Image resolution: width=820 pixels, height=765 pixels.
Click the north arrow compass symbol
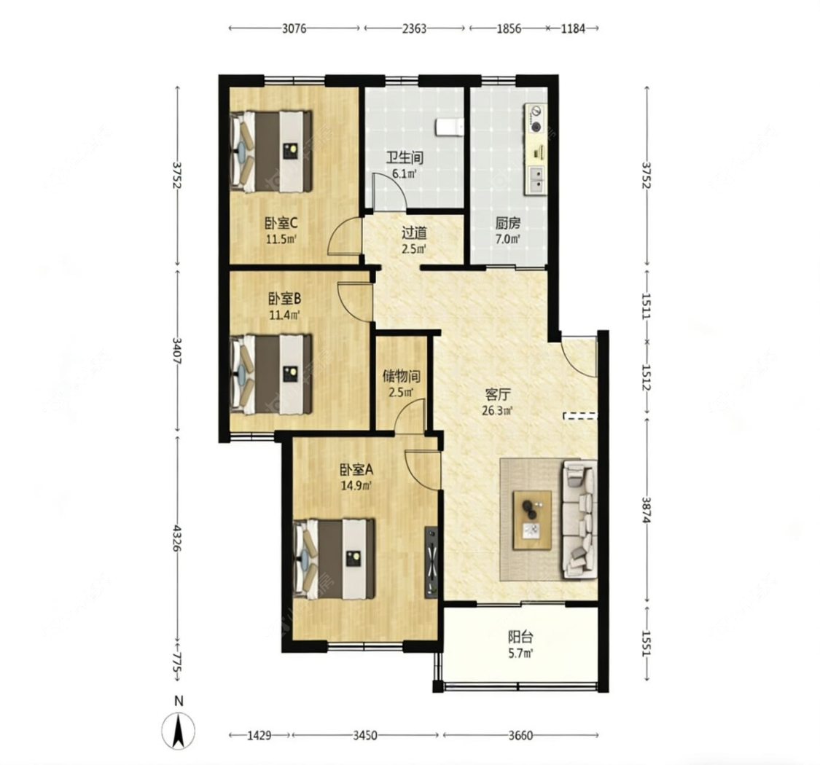click(179, 730)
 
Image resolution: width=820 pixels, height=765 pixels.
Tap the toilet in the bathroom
click(449, 127)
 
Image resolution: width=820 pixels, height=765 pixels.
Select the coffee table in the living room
click(532, 519)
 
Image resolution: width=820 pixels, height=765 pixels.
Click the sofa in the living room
click(579, 519)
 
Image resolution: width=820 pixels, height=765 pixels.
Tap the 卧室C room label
click(281, 223)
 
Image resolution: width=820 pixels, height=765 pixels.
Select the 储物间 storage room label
click(401, 375)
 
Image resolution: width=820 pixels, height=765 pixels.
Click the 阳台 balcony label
click(521, 637)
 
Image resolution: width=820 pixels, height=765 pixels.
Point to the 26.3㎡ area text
click(497, 410)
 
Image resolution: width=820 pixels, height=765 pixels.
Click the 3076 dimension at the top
click(294, 28)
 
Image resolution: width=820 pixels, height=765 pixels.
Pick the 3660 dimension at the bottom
click(520, 736)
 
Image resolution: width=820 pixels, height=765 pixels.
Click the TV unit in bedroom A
click(432, 561)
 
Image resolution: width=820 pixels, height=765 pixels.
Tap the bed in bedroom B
click(272, 374)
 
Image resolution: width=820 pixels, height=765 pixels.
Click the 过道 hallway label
click(414, 232)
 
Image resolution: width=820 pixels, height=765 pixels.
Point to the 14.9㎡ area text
click(356, 485)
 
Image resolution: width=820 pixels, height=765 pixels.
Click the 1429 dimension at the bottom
click(259, 736)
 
